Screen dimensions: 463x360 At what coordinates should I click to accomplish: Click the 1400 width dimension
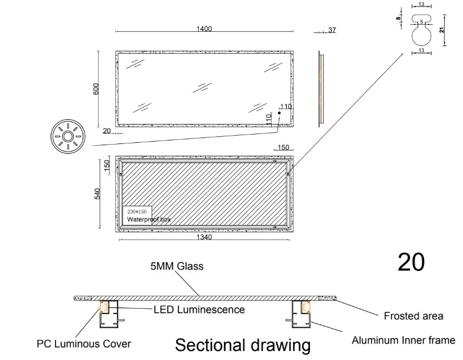tap(204, 28)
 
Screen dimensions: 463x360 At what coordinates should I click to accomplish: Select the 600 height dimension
tap(96, 89)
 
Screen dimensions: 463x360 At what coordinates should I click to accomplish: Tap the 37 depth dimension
tap(332, 30)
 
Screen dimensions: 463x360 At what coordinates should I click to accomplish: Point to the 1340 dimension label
tap(204, 237)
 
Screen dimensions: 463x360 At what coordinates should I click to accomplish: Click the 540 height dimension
tap(97, 194)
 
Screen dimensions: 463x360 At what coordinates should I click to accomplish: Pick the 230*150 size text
tap(137, 211)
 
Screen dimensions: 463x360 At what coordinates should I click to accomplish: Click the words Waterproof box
tap(149, 220)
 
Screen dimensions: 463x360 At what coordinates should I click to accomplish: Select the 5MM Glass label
tap(177, 266)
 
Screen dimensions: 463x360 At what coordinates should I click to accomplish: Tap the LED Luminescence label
tap(200, 309)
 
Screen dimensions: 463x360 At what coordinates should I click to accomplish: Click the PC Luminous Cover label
tap(84, 343)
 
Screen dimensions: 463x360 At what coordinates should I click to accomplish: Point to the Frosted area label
tap(413, 316)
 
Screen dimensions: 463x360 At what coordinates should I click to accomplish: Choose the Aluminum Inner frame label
tap(403, 340)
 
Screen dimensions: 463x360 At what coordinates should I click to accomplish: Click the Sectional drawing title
tap(243, 345)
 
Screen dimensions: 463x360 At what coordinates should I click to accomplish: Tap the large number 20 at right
tap(411, 262)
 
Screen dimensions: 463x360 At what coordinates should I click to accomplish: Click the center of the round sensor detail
tap(68, 136)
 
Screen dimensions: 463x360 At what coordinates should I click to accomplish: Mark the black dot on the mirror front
tap(279, 113)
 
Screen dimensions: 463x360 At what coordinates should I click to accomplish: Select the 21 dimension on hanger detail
tap(442, 30)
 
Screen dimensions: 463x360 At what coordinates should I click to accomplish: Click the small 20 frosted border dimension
tap(106, 131)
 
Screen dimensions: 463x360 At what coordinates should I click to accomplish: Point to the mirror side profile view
tap(321, 89)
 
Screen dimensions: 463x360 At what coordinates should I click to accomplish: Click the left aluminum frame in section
tap(109, 314)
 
